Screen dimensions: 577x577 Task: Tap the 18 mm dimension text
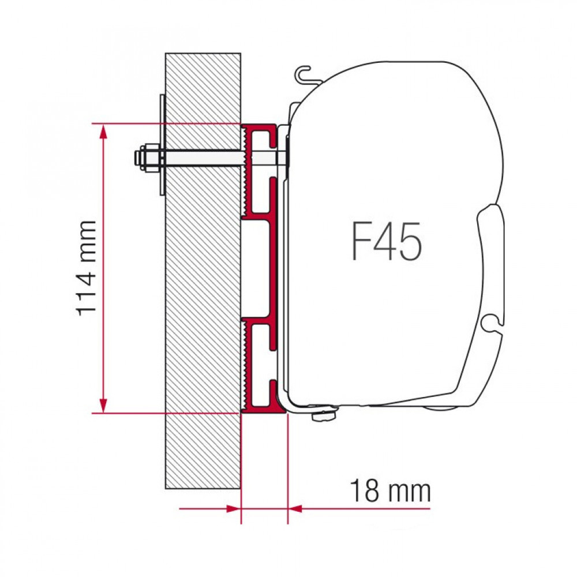tap(390, 492)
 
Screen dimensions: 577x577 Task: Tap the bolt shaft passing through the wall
tap(202, 158)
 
